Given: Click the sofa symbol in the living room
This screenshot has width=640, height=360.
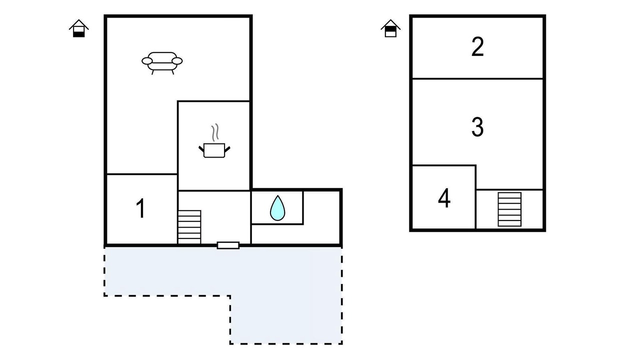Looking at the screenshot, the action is click(x=162, y=63).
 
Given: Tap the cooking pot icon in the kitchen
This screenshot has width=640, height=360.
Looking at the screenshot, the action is click(x=214, y=150).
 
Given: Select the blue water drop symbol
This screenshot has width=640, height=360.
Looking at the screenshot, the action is click(x=277, y=208).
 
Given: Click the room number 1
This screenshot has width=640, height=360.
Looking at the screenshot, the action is click(x=141, y=208).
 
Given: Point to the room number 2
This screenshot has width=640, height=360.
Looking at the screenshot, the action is click(x=477, y=46).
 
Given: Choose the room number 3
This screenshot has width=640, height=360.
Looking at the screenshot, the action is click(x=477, y=126).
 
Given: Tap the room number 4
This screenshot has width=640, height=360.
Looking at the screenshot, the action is click(x=444, y=198).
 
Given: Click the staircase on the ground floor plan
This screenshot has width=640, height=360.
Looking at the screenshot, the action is click(x=189, y=227).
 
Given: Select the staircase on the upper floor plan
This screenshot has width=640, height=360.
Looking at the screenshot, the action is click(x=509, y=209).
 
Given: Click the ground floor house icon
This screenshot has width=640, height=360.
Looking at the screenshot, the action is click(x=79, y=28).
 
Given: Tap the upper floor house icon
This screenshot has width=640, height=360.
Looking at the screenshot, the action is click(x=390, y=28).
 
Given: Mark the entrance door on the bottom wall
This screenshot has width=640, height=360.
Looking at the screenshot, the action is click(x=228, y=245).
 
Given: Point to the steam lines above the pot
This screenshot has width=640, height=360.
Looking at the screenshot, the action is click(x=215, y=132).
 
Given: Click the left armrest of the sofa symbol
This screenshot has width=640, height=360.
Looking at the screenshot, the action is click(x=147, y=61).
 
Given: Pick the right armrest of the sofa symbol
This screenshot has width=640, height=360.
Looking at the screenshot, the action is click(x=177, y=61).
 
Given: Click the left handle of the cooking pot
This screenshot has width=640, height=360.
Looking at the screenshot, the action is click(x=201, y=149).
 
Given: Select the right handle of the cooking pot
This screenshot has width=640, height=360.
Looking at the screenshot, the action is click(x=227, y=149).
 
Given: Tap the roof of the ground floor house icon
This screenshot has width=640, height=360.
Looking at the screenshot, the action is click(x=79, y=24).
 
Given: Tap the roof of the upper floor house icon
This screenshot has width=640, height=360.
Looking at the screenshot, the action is click(x=390, y=24).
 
